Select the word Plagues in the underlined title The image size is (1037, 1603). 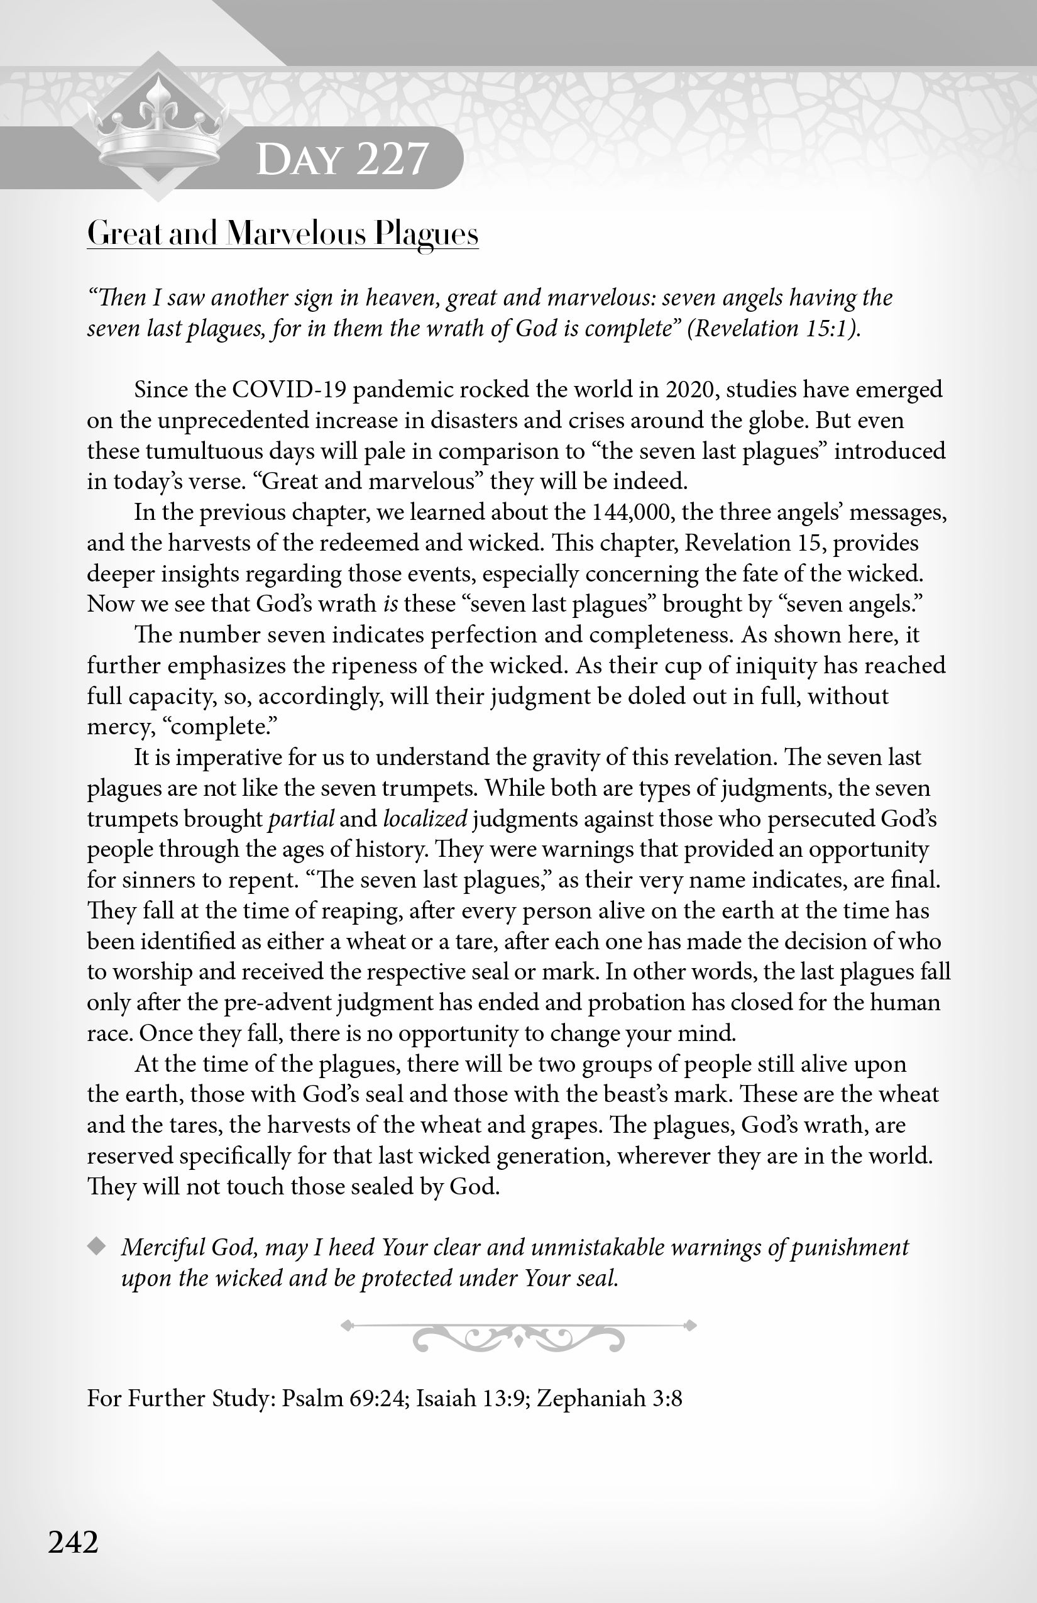coord(426,234)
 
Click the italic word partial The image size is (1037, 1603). coord(301,818)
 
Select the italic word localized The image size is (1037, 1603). coord(425,818)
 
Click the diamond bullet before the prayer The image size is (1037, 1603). coord(97,1247)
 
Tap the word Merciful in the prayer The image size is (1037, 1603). coord(163,1247)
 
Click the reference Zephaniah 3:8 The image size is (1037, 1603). coord(610,1398)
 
